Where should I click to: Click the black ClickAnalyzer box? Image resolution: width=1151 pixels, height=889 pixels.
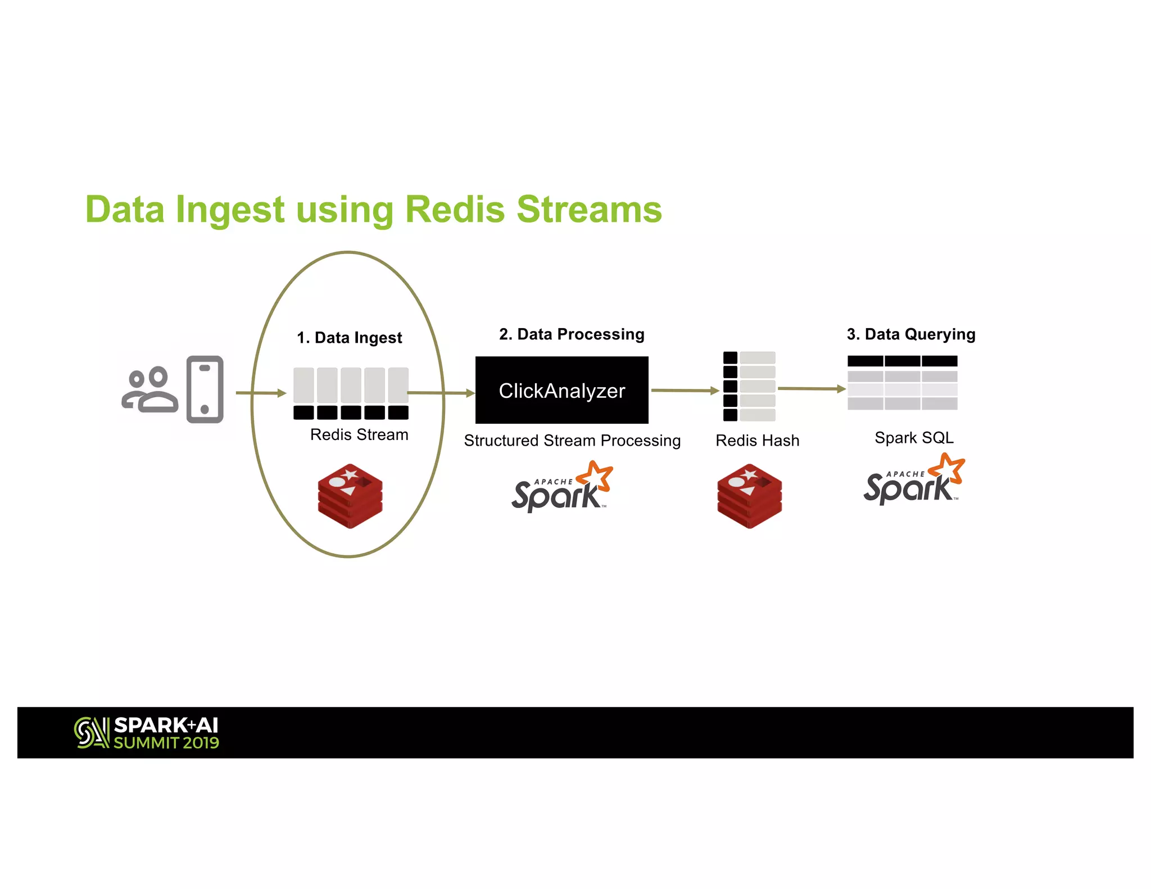(561, 390)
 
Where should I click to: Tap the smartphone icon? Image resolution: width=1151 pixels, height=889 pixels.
(205, 389)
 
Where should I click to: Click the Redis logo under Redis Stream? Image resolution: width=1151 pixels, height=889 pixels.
(350, 496)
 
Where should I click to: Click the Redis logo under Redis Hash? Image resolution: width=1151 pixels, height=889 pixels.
(749, 496)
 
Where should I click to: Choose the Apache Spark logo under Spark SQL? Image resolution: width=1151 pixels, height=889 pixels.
(914, 479)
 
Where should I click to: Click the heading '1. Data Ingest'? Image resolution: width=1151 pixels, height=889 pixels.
(349, 338)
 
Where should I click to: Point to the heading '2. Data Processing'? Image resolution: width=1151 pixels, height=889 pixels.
(572, 334)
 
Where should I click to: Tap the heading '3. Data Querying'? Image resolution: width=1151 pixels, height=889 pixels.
(911, 334)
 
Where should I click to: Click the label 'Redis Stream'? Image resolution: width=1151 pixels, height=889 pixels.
(359, 435)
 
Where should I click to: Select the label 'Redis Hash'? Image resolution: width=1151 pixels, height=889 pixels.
(757, 441)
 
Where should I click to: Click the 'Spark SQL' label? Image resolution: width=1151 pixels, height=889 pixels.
(914, 438)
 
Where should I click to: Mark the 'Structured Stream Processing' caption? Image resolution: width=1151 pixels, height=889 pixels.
(572, 441)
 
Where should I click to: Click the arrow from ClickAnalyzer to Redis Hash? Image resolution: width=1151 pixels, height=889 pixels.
(685, 390)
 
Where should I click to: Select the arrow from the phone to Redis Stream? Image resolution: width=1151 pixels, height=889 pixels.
(260, 393)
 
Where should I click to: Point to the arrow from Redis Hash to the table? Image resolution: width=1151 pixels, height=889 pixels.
(811, 388)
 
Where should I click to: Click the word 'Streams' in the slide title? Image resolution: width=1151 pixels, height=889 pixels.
(589, 210)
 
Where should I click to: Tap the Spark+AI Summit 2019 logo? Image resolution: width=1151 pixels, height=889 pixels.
(147, 733)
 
